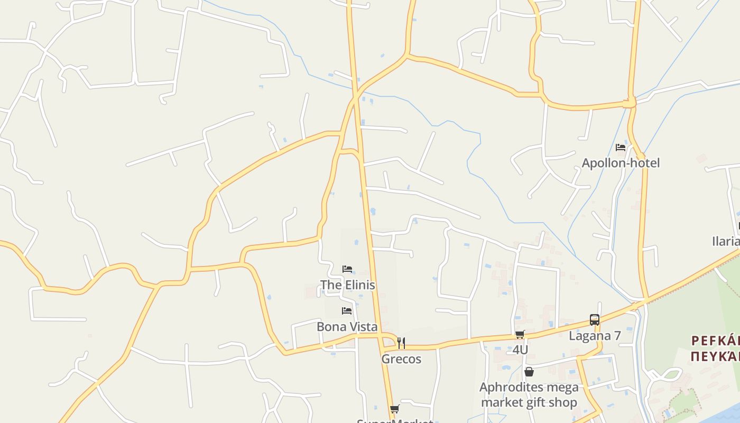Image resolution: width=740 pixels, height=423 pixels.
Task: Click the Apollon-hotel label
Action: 621,163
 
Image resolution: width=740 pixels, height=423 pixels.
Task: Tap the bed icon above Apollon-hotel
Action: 621,148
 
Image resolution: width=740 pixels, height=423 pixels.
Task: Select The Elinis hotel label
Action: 348,285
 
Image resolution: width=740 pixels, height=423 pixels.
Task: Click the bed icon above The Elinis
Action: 347,269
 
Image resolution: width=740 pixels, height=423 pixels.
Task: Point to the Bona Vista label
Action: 347,327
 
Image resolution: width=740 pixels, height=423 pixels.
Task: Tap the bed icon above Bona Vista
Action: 347,311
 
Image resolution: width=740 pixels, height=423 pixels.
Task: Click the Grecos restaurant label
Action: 401,359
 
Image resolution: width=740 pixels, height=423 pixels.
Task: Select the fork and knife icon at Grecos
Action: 401,343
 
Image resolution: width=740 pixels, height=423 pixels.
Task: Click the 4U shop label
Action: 520,350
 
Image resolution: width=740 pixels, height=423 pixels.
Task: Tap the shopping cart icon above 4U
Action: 520,334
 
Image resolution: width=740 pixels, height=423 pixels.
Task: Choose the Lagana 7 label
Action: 595,336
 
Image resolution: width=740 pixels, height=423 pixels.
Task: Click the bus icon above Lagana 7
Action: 595,320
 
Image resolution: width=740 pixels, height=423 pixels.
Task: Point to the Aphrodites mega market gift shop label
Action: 529,395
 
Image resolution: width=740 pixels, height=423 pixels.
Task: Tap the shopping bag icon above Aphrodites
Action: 529,372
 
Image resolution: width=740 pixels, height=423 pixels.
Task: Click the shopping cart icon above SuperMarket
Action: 394,409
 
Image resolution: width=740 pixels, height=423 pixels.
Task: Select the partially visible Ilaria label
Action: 726,242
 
